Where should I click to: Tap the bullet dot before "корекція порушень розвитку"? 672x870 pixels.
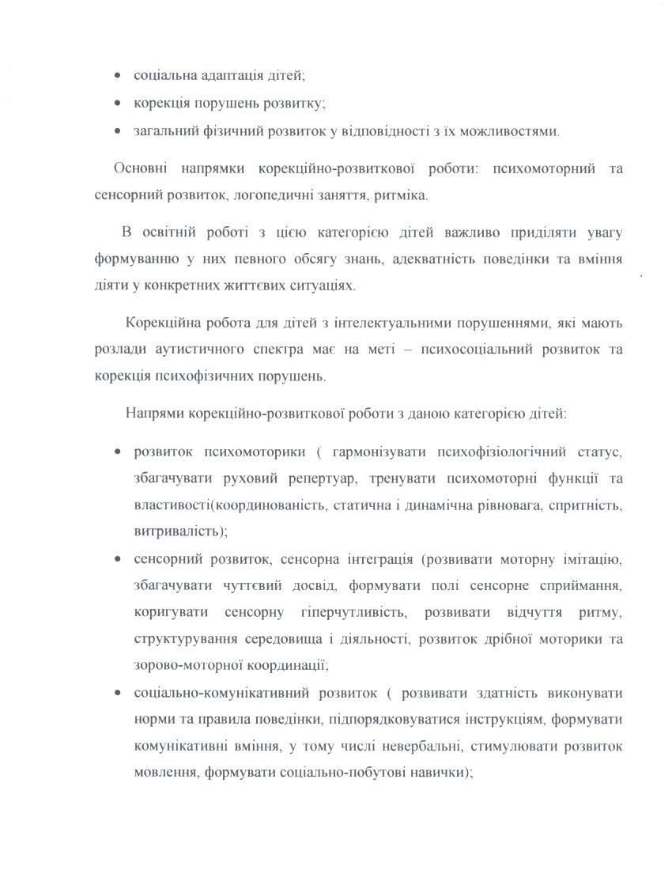tap(118, 104)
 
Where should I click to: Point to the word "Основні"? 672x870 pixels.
tap(139, 169)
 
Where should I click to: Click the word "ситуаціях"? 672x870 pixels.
tap(327, 286)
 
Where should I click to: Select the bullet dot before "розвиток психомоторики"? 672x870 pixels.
tap(118, 452)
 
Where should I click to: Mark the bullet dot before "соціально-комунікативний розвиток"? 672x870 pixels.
tap(118, 694)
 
